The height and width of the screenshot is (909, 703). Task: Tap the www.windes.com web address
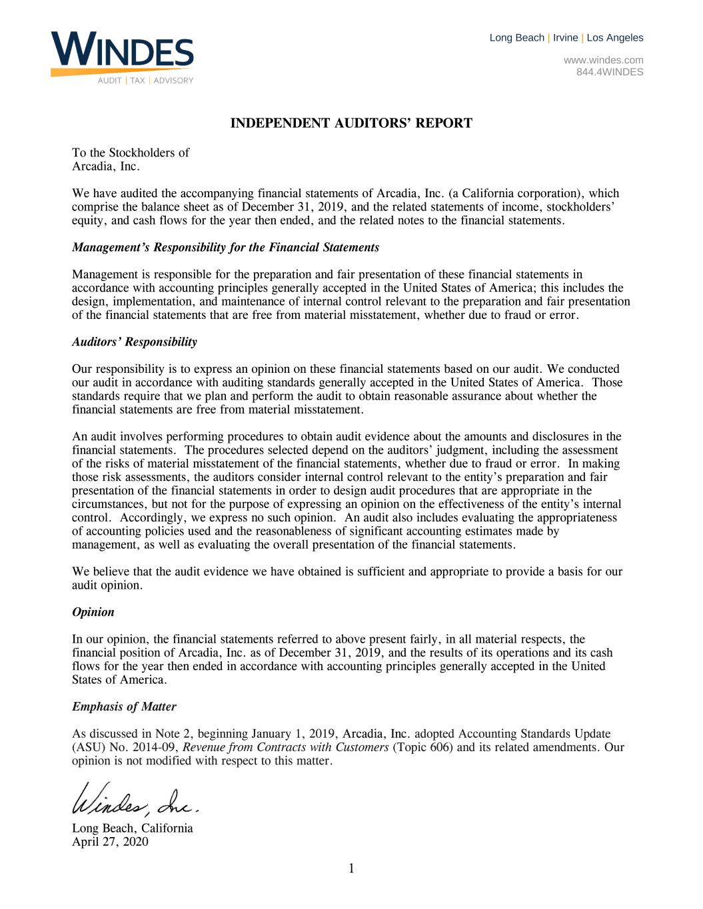click(603, 60)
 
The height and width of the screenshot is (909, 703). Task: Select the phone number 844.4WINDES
click(610, 72)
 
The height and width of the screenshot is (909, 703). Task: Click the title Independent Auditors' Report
click(351, 123)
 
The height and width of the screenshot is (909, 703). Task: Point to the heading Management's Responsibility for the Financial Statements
click(225, 248)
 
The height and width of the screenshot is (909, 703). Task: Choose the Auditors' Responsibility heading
click(135, 342)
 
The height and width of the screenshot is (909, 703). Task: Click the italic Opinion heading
click(93, 612)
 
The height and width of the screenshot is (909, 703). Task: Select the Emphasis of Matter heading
click(124, 707)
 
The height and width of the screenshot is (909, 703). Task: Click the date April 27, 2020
click(110, 842)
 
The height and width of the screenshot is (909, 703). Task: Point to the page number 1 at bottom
click(351, 868)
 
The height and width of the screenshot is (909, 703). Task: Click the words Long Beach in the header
click(516, 38)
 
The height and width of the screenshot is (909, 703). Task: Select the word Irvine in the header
click(566, 38)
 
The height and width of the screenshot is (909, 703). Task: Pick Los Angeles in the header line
click(615, 38)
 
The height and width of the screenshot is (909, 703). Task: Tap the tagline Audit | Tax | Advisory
click(145, 81)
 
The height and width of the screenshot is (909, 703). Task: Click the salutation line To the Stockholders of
click(131, 153)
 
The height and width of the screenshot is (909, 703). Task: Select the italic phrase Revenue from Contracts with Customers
click(286, 747)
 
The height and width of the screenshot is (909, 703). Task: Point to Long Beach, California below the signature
click(133, 828)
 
